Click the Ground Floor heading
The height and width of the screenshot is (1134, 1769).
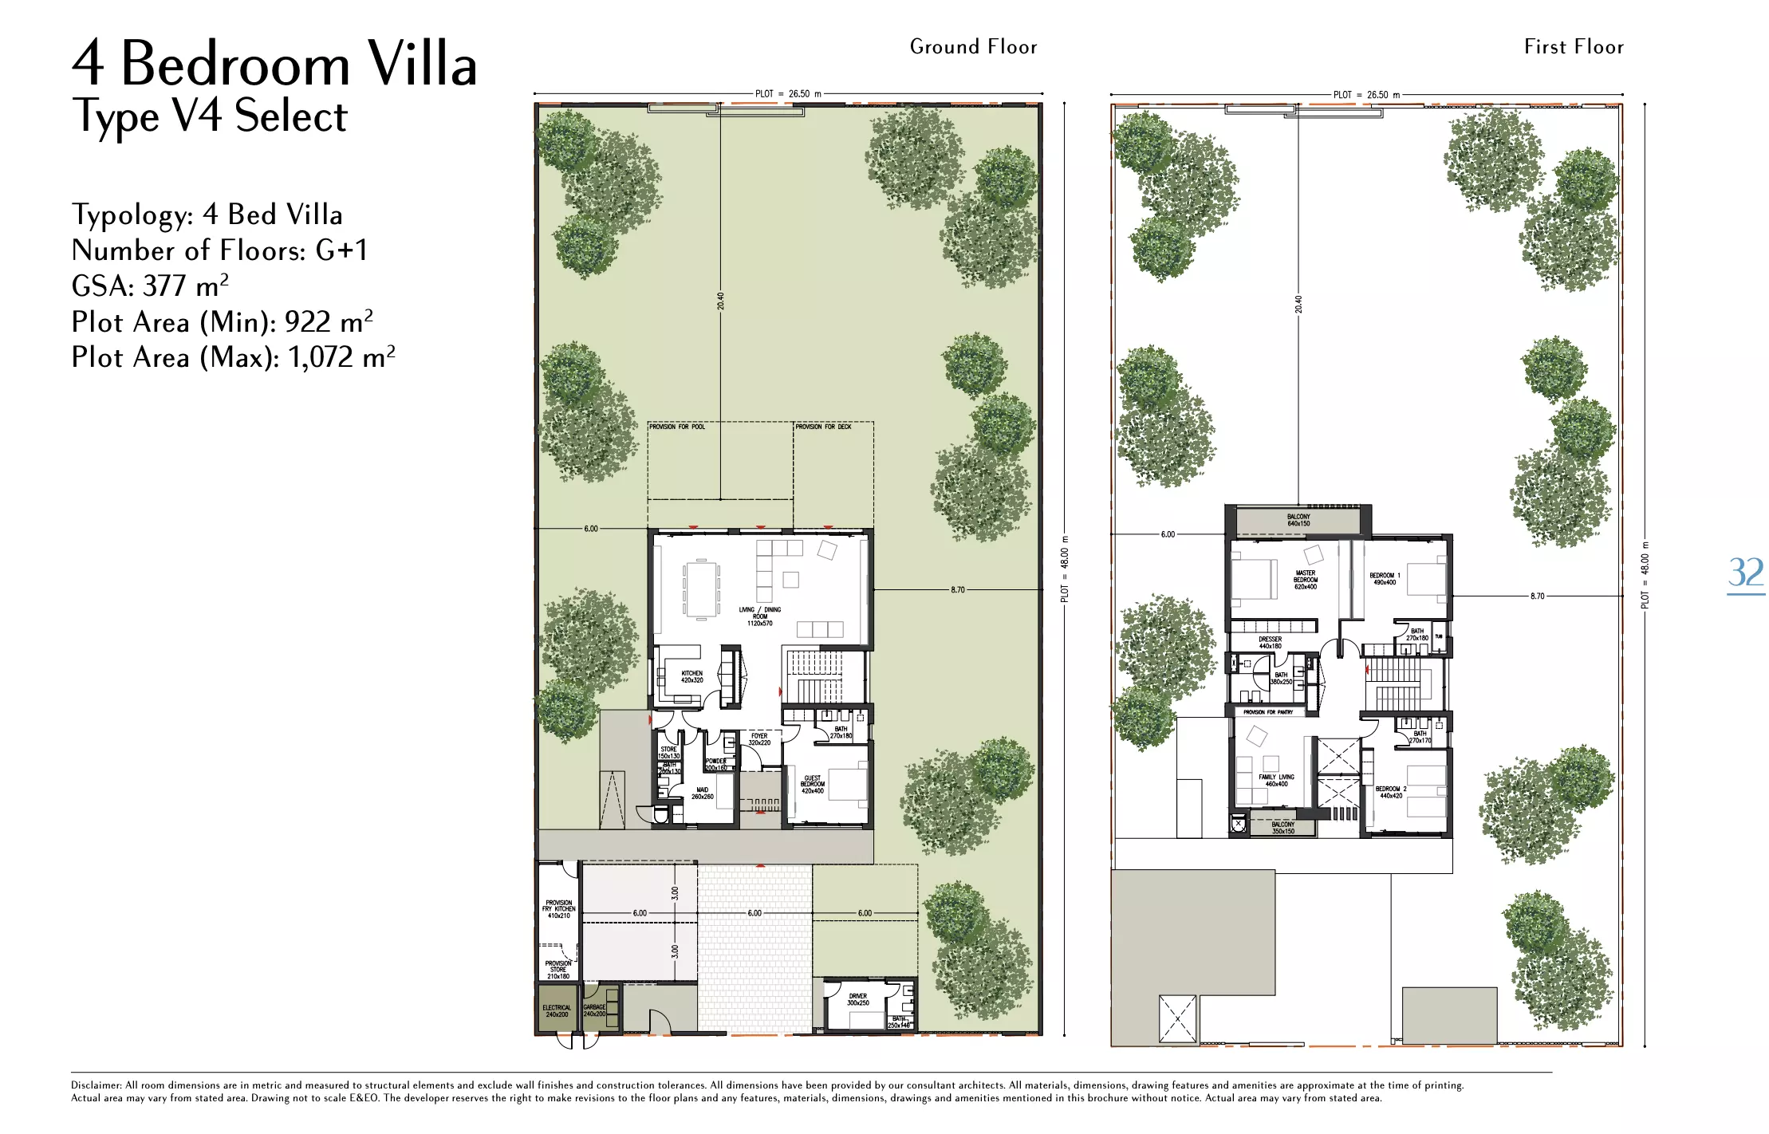pyautogui.click(x=973, y=47)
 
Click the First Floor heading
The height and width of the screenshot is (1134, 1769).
pyautogui.click(x=1573, y=47)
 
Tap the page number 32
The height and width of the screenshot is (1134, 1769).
pyautogui.click(x=1745, y=573)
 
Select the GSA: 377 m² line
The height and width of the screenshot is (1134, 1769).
pyautogui.click(x=150, y=285)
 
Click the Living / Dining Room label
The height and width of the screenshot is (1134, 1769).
pyautogui.click(x=759, y=616)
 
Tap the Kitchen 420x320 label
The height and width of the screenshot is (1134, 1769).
pyautogui.click(x=691, y=676)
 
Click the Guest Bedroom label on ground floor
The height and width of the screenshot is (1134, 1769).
pyautogui.click(x=812, y=784)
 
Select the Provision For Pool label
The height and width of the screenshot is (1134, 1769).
pyautogui.click(x=676, y=427)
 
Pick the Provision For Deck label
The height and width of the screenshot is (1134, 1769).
pyautogui.click(x=823, y=427)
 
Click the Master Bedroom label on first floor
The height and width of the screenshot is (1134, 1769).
pyautogui.click(x=1306, y=580)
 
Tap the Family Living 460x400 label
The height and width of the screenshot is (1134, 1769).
pyautogui.click(x=1276, y=780)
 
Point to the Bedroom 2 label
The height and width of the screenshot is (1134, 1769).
pyautogui.click(x=1391, y=792)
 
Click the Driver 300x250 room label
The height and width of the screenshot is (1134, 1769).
pyautogui.click(x=858, y=999)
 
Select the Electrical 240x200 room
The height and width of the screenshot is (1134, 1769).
pyautogui.click(x=557, y=1010)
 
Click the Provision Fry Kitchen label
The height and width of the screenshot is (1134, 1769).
pyautogui.click(x=558, y=909)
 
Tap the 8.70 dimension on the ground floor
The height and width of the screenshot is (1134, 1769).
pyautogui.click(x=957, y=590)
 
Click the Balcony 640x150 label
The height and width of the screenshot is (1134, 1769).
pyautogui.click(x=1298, y=520)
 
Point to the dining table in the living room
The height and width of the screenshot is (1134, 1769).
pyautogui.click(x=702, y=589)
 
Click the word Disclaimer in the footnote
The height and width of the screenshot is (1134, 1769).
pyautogui.click(x=96, y=1085)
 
